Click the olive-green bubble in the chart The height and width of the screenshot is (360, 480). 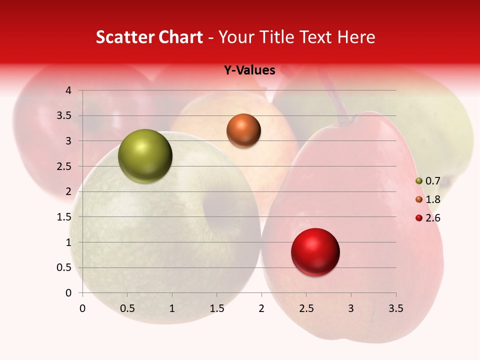(x=145, y=156)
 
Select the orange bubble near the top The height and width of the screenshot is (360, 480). (x=243, y=130)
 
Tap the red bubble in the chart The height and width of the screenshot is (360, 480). (x=315, y=252)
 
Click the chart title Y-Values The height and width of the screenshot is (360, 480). (x=249, y=70)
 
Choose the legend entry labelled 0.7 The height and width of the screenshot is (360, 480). (x=428, y=181)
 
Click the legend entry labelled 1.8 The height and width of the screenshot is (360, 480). (x=428, y=199)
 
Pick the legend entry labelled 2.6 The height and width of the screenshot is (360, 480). (x=428, y=218)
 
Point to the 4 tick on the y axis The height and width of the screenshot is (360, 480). (x=68, y=90)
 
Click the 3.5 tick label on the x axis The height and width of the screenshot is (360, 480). (x=395, y=308)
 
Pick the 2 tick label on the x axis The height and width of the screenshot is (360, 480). (x=261, y=308)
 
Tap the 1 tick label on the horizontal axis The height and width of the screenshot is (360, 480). (x=172, y=308)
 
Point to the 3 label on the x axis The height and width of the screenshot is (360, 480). (x=351, y=308)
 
